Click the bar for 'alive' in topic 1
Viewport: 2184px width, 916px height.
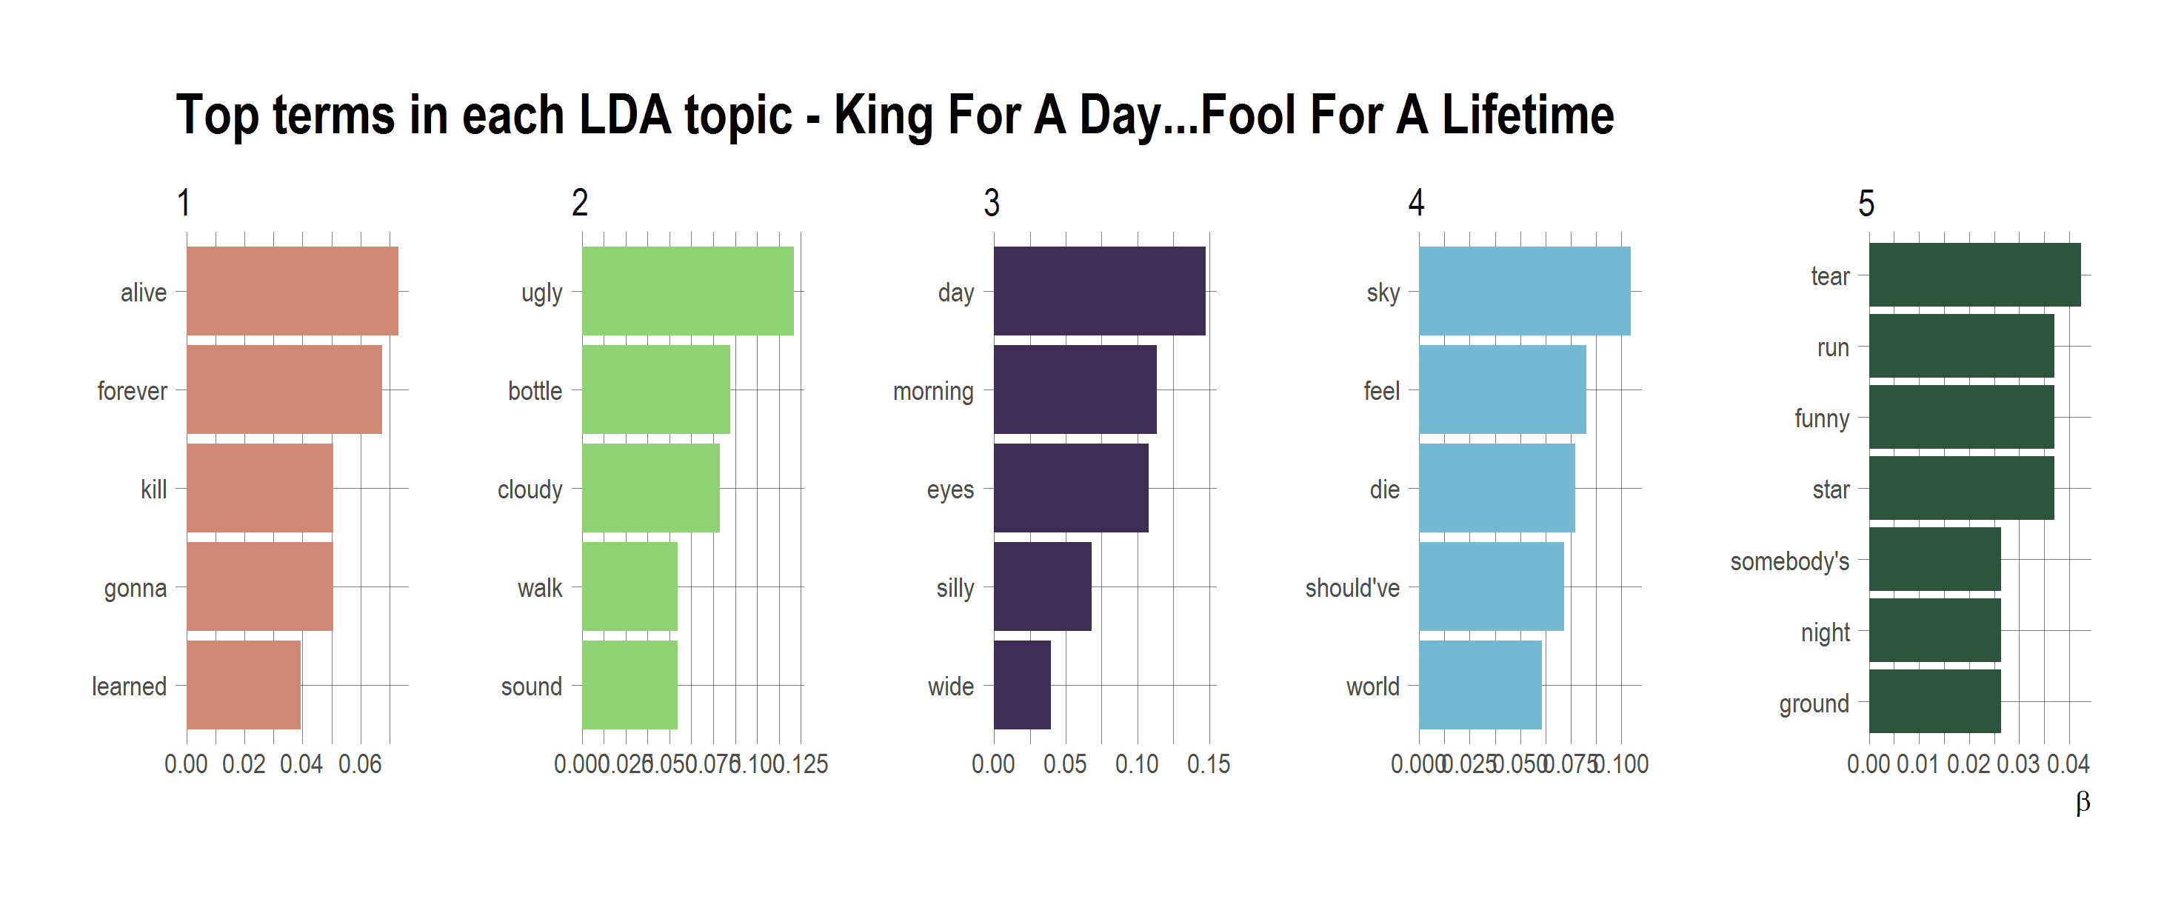(x=292, y=292)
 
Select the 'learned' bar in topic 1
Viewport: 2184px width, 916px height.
(x=244, y=685)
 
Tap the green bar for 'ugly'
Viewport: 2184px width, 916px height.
(x=687, y=292)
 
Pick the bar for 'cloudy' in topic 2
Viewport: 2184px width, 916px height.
(x=650, y=488)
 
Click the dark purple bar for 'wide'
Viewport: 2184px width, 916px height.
(x=1021, y=685)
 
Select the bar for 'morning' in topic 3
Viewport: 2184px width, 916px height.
(x=1074, y=390)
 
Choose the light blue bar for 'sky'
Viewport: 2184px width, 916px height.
(x=1523, y=292)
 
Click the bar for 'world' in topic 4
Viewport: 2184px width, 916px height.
(x=1480, y=685)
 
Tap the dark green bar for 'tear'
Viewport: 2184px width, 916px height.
(x=1974, y=275)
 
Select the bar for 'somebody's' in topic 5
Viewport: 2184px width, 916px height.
(x=1934, y=559)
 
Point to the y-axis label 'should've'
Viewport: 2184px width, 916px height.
(x=1352, y=588)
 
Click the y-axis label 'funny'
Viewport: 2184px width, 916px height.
(x=1821, y=418)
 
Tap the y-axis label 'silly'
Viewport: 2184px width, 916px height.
(x=955, y=588)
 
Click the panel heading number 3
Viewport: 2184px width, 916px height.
(x=991, y=204)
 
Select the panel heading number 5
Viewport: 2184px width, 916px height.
(x=1866, y=204)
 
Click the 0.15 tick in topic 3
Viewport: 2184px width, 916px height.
(x=1208, y=764)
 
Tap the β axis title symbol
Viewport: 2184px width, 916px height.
(x=2083, y=802)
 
